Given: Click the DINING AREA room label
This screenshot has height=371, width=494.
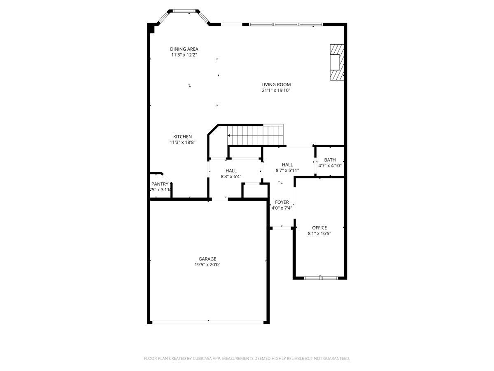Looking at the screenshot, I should coord(184,49).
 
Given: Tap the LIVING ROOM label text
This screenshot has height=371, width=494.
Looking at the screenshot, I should coord(276,85).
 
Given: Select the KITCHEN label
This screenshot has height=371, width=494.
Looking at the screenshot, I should coord(182,136).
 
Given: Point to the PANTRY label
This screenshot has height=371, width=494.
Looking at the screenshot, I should coord(160,184).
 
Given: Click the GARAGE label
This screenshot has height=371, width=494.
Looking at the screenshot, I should coord(207,259).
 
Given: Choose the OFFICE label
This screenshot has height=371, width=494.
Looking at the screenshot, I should coord(319,228).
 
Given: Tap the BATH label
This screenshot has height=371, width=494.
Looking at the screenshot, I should coord(330,160).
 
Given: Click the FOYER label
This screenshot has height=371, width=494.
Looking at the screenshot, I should coord(282,202).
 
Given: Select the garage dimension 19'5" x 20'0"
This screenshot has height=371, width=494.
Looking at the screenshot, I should coord(207,265).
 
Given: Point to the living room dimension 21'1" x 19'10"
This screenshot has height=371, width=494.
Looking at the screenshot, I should coord(276,90).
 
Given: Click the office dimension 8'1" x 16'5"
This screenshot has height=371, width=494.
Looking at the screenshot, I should coord(319,233).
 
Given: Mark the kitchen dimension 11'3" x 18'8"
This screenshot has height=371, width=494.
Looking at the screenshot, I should coord(182,142).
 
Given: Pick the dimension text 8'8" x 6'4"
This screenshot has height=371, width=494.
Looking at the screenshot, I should coord(231,176).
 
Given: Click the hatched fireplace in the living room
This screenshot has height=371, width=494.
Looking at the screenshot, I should coord(336,62).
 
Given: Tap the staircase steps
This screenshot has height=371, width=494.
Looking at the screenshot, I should coord(255,134).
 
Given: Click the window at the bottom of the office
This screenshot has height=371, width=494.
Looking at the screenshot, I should coord(321,278).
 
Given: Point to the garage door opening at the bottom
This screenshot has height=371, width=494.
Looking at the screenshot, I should coord(208,322).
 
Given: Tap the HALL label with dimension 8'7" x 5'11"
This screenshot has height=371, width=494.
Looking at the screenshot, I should coord(287,164).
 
